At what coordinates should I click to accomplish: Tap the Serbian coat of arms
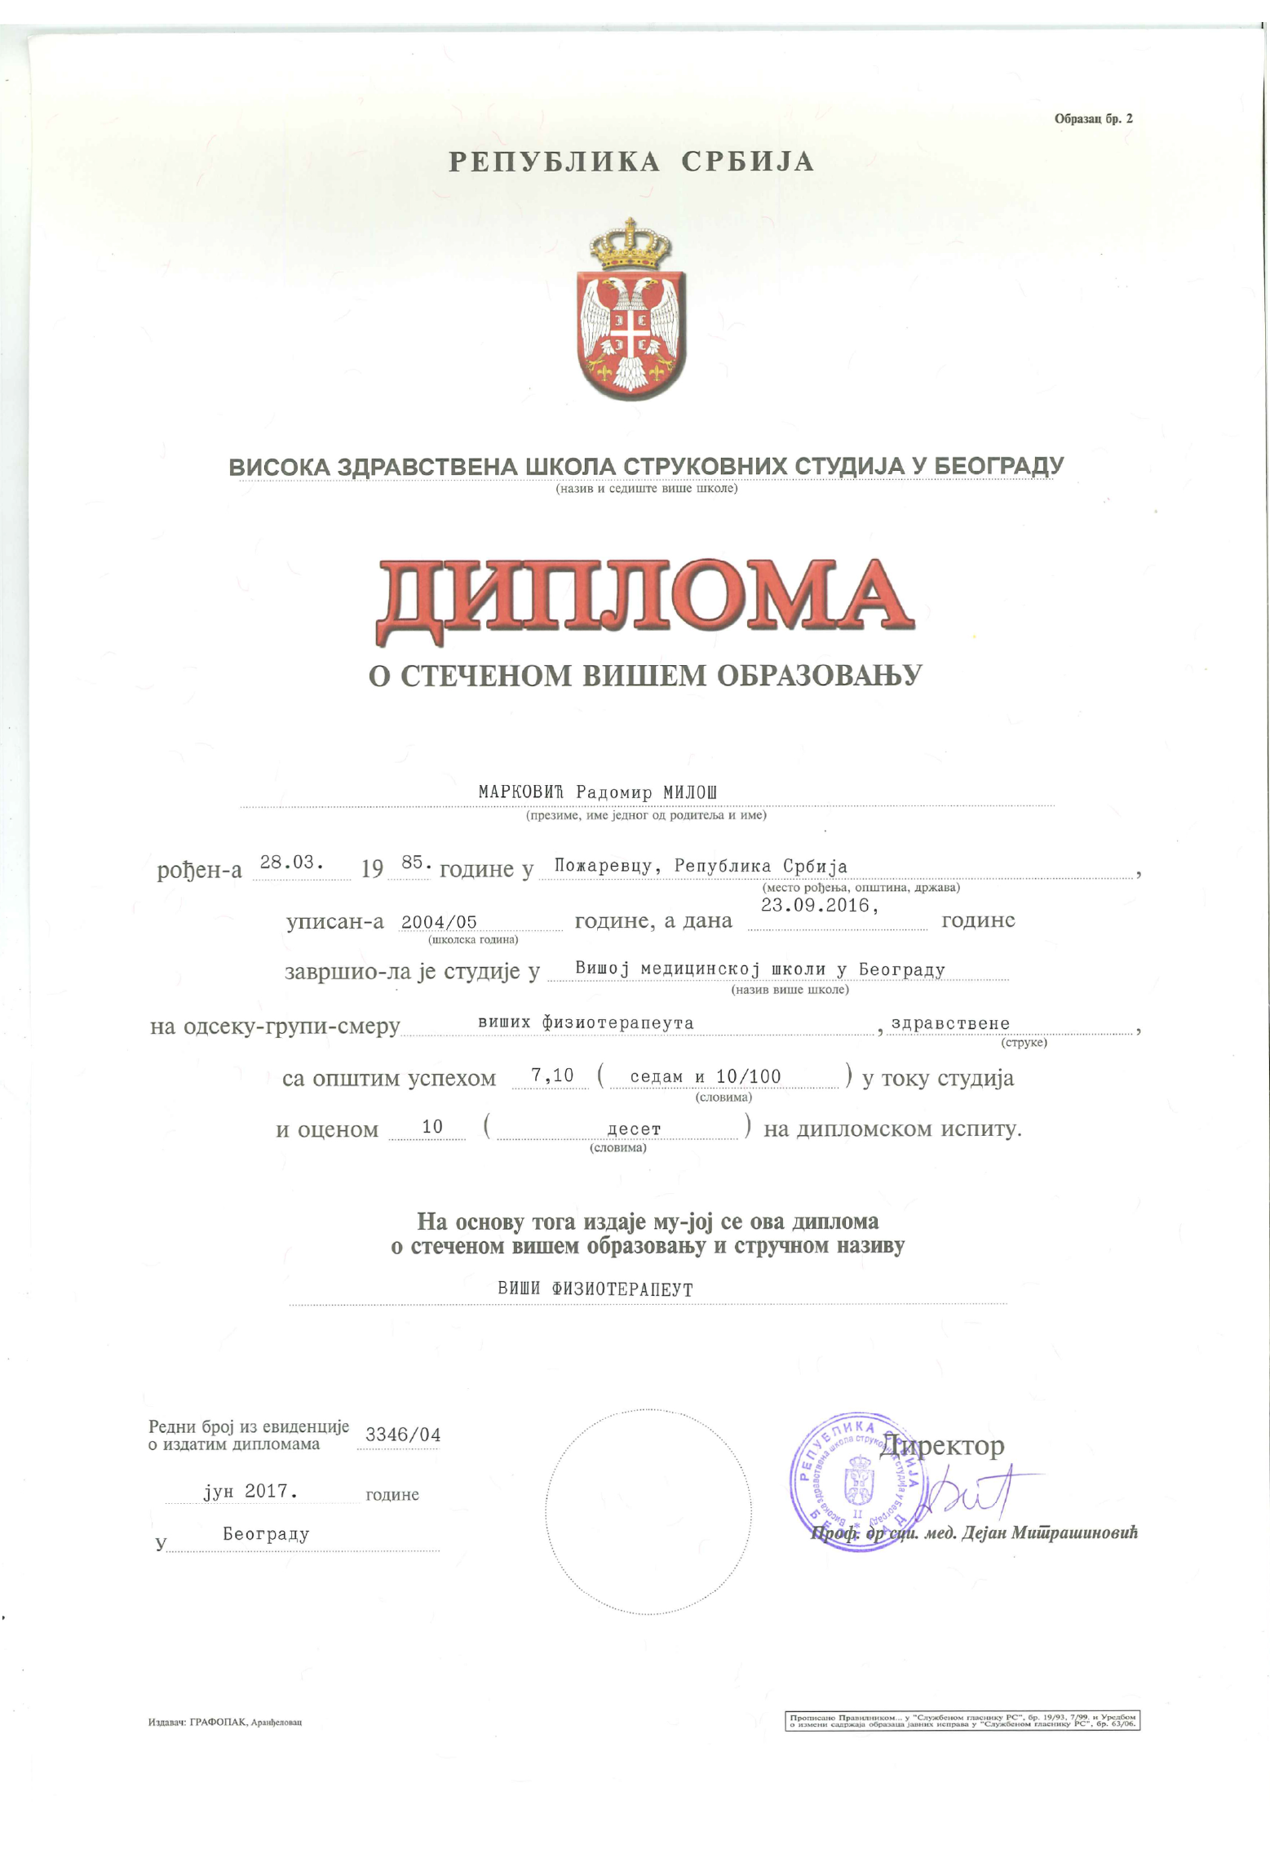click(x=630, y=311)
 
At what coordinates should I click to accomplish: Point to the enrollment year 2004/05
click(x=439, y=922)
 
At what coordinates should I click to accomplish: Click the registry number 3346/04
click(x=403, y=1435)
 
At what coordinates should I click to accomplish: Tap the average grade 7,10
click(x=552, y=1076)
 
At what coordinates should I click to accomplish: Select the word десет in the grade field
click(x=634, y=1129)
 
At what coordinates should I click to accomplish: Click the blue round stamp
click(x=856, y=1481)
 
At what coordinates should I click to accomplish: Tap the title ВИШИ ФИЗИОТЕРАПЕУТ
click(x=595, y=1289)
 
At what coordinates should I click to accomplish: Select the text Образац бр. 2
click(x=1093, y=119)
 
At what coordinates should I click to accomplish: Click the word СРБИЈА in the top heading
click(x=747, y=162)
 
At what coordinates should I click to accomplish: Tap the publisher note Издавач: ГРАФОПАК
click(x=224, y=1723)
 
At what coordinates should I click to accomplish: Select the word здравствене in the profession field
click(x=950, y=1023)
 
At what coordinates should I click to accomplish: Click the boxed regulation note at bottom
click(x=962, y=1721)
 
